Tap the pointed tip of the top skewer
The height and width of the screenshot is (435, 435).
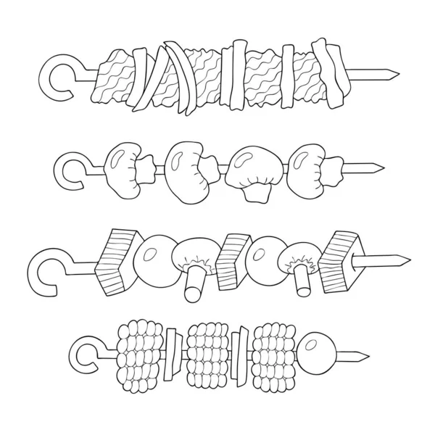391,73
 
